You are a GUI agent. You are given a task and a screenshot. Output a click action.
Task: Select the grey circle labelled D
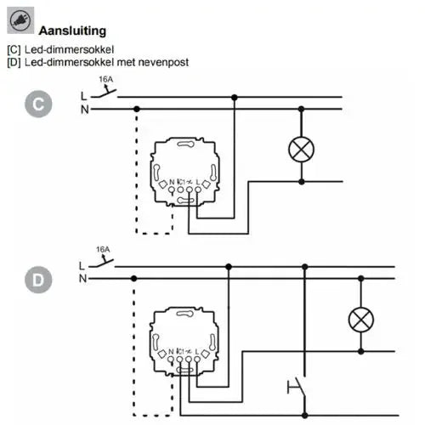38,278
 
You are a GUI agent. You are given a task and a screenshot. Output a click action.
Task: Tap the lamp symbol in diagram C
301,150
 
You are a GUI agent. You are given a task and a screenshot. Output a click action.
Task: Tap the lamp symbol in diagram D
361,320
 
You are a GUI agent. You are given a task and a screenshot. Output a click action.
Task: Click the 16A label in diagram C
106,80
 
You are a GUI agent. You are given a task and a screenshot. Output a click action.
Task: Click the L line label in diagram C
83,96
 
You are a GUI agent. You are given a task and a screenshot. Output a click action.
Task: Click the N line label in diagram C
83,110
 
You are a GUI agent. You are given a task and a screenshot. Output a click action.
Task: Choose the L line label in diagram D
82,266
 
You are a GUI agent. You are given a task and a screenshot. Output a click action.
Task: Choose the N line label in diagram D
82,279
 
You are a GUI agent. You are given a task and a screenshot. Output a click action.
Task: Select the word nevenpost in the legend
161,62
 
